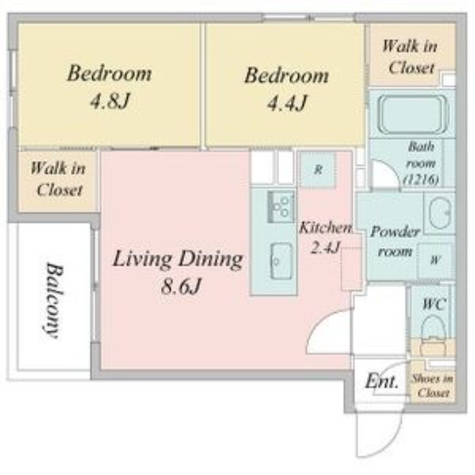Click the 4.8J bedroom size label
click(110, 101)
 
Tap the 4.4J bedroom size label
click(287, 103)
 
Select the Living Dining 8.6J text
click(178, 272)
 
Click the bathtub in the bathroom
click(413, 114)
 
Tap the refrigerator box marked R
click(317, 169)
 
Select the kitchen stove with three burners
click(281, 207)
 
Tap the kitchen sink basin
click(281, 261)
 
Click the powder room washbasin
click(440, 213)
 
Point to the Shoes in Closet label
click(432, 385)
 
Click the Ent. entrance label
click(381, 381)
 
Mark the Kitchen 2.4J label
click(325, 237)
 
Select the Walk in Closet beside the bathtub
click(410, 57)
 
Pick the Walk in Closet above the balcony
click(58, 179)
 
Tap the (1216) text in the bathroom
click(422, 180)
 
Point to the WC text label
click(434, 304)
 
